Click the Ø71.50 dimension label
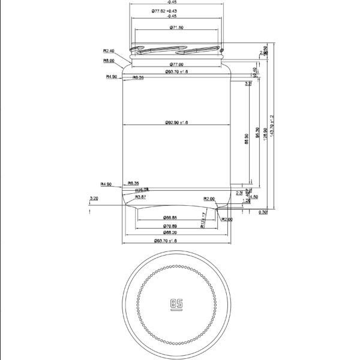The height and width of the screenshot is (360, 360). [x=176, y=28]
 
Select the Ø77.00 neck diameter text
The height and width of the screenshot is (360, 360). [x=176, y=64]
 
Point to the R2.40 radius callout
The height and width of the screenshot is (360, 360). [x=109, y=51]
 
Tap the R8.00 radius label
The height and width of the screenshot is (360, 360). [x=109, y=61]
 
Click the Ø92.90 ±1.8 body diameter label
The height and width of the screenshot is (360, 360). [x=176, y=122]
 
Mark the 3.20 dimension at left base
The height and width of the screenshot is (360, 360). [x=94, y=197]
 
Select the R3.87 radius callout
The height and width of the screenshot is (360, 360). [x=140, y=197]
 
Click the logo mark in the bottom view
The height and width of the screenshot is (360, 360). [x=176, y=304]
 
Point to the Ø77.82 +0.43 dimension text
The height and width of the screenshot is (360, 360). [x=172, y=11]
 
